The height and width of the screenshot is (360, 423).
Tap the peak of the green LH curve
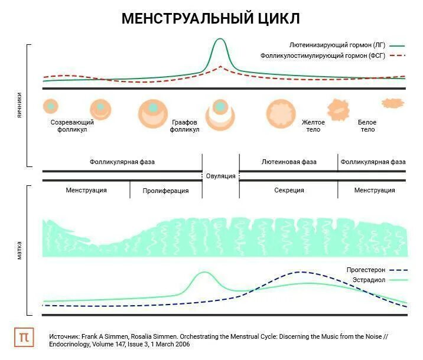(x=220, y=40)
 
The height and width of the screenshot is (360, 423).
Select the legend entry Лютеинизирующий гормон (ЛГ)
(x=338, y=45)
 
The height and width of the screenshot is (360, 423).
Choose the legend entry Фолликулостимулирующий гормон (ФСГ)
(x=323, y=55)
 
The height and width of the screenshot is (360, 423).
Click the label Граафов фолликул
(x=185, y=126)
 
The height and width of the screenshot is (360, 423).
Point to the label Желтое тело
(x=313, y=126)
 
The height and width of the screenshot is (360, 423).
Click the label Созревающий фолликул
(x=72, y=126)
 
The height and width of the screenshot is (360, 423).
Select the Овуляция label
(x=220, y=176)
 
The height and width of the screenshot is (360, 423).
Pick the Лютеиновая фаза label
(x=289, y=162)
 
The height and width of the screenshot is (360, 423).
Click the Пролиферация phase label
(x=165, y=191)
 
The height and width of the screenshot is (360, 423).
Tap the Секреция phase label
(x=289, y=190)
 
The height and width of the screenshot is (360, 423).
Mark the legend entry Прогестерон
(x=366, y=270)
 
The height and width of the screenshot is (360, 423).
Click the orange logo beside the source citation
(x=24, y=337)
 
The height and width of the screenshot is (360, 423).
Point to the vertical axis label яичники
(x=19, y=105)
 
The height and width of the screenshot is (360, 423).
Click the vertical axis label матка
(x=19, y=250)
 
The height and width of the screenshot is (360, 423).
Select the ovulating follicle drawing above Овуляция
(x=220, y=111)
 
